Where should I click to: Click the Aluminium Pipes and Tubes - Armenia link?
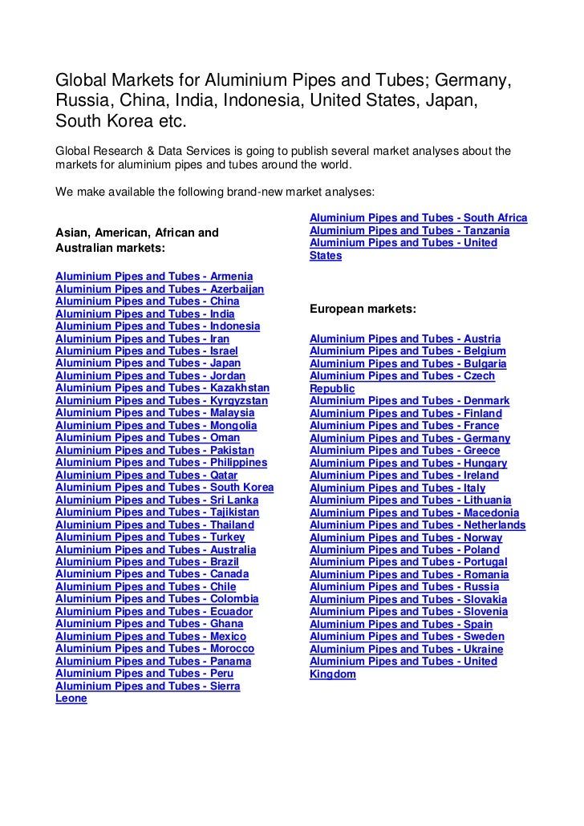(x=154, y=277)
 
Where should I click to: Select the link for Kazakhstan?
(x=162, y=388)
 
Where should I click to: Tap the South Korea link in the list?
(x=164, y=488)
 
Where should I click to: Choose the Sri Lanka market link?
(x=156, y=500)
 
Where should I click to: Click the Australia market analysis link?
(x=156, y=550)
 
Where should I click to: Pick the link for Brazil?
(x=147, y=562)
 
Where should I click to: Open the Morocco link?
(x=155, y=649)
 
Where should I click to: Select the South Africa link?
(x=418, y=218)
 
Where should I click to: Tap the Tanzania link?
(x=409, y=231)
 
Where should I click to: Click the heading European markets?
(x=363, y=309)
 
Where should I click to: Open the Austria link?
(x=405, y=339)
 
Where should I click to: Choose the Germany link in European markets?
(x=410, y=439)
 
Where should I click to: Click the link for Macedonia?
(x=414, y=512)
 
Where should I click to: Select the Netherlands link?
(x=417, y=525)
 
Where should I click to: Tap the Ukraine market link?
(x=407, y=649)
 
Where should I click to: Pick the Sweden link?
(x=407, y=637)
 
